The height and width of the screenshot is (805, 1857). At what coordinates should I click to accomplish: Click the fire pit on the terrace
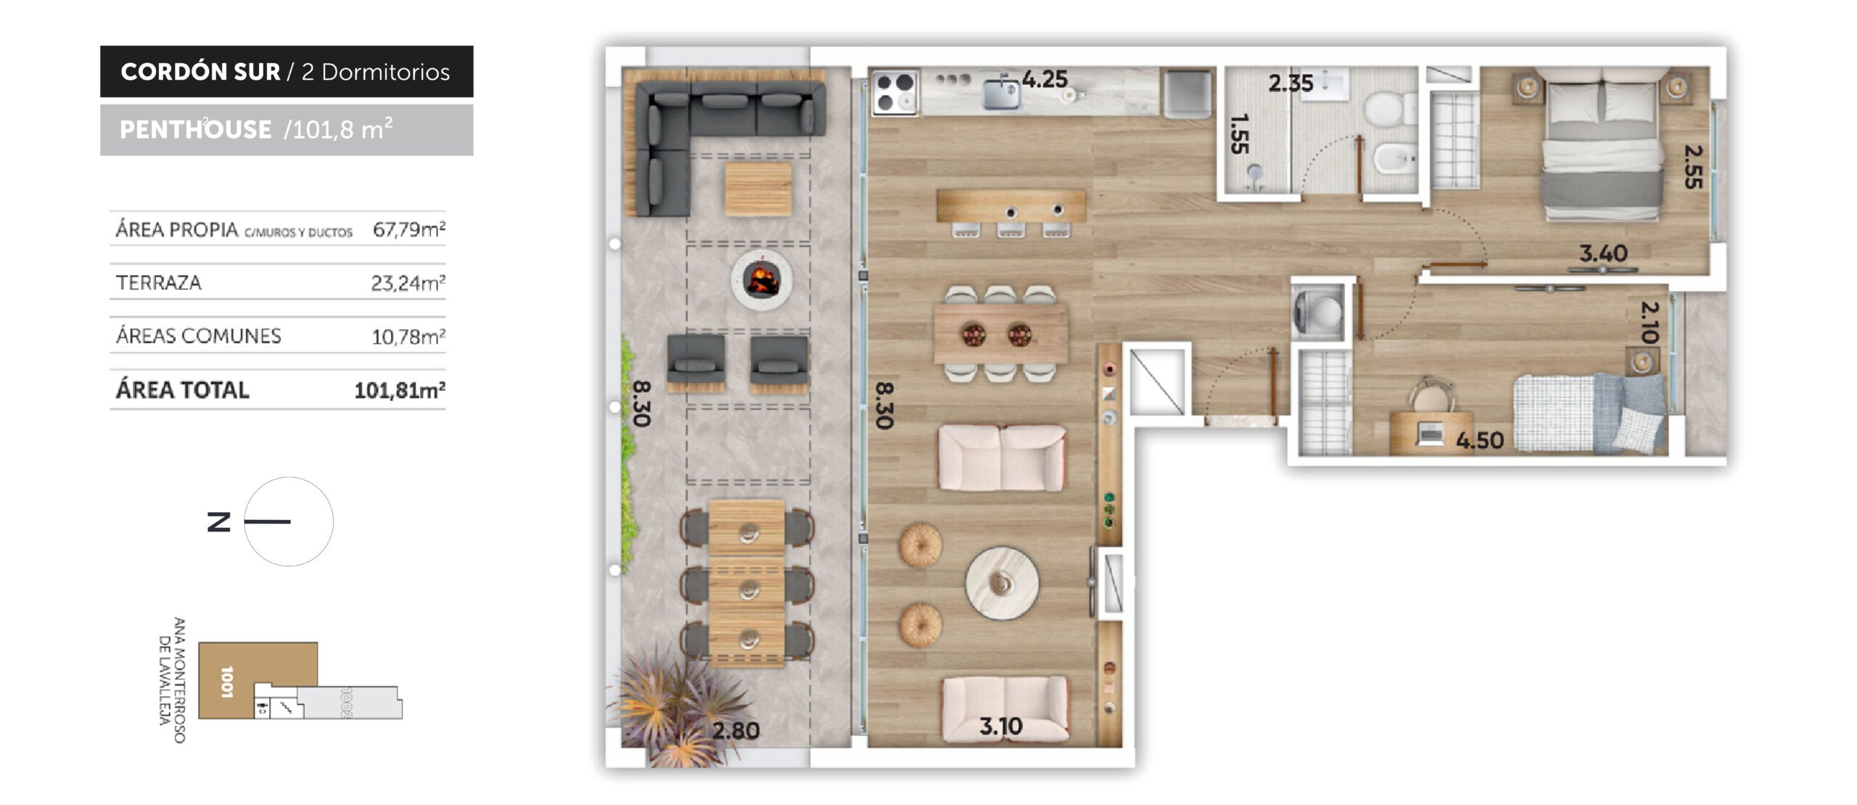click(x=762, y=280)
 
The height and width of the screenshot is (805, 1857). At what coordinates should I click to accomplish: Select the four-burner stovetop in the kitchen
click(x=895, y=92)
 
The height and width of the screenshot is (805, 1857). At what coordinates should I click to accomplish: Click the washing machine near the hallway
click(x=1318, y=311)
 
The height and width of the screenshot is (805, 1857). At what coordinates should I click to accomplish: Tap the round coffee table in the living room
click(x=1002, y=583)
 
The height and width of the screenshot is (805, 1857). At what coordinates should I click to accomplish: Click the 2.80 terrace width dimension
click(x=736, y=730)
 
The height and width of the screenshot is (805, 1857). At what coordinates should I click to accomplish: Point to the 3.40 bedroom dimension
click(x=1603, y=253)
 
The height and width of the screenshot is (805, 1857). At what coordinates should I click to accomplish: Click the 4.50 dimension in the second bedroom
click(x=1480, y=440)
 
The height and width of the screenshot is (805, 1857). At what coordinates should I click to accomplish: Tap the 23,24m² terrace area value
click(x=408, y=283)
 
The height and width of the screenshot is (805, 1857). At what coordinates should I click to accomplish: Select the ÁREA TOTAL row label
click(x=183, y=390)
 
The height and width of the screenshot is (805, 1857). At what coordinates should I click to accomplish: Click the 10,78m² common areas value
click(x=408, y=337)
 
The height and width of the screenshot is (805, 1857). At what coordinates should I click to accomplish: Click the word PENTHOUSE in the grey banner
click(x=196, y=130)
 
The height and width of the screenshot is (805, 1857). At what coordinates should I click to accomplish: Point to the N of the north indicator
click(x=219, y=521)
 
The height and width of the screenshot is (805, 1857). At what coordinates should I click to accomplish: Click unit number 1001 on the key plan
click(x=227, y=682)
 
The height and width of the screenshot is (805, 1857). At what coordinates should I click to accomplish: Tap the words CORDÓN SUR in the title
click(x=200, y=72)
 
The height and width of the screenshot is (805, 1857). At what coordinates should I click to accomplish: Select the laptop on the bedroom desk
click(x=1430, y=434)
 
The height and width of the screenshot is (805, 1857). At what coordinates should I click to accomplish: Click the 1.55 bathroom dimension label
click(x=1240, y=133)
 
